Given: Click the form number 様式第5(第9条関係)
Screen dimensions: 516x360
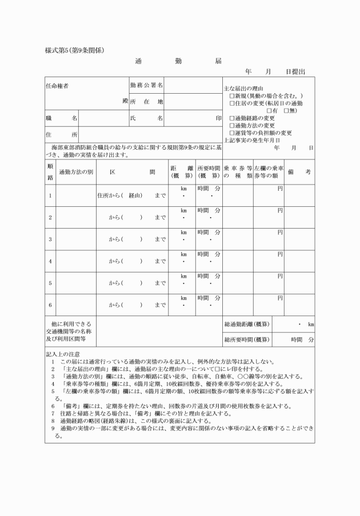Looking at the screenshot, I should [x=74, y=50].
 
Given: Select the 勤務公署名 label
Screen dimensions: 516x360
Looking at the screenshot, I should [x=146, y=85].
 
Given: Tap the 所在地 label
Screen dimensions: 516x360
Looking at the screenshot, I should [x=146, y=102].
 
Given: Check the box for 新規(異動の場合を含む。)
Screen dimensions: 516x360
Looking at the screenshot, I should [x=232, y=96].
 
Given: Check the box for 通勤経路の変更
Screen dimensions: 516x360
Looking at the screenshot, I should [x=232, y=118].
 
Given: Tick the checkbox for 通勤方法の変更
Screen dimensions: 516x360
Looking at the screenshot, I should [x=232, y=126].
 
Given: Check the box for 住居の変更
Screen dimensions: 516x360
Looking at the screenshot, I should [x=232, y=103].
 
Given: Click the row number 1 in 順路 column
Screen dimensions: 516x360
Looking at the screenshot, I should [x=50, y=195].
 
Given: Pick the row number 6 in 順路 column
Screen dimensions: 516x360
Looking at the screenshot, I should [x=50, y=305].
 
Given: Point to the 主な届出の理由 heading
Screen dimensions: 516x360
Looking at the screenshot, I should [x=243, y=89].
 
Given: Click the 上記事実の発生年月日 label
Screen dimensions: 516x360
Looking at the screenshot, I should [x=251, y=140].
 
